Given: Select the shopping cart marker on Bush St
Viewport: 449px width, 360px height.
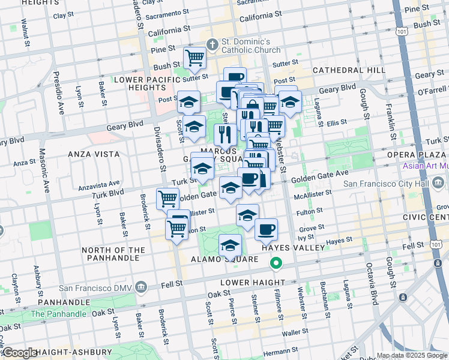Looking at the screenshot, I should pos(194,58).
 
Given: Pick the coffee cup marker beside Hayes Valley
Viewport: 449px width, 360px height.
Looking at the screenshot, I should pos(266,229).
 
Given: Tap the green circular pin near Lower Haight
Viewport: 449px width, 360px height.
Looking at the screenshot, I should pos(276,263).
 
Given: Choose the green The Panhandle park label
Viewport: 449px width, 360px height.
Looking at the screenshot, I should pos(58,314).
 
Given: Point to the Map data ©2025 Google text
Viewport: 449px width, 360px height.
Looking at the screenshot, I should pos(412,355).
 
